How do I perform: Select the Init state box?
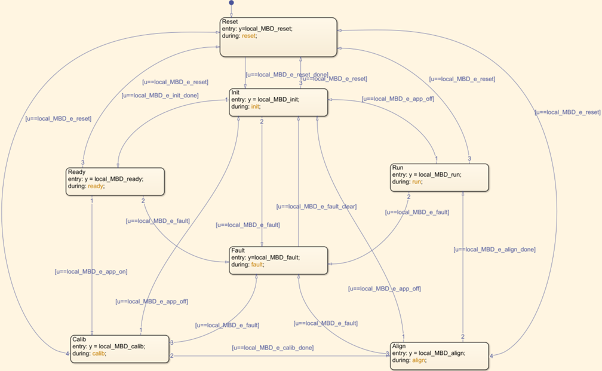[x=278, y=102]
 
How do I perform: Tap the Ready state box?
[x=115, y=181]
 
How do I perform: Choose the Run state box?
[x=440, y=177]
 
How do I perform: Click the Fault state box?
[x=278, y=260]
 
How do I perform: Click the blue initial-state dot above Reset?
[x=232, y=3]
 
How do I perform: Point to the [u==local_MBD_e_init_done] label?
[x=160, y=95]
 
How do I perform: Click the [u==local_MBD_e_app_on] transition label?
[x=91, y=271]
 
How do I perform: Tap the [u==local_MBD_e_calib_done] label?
[x=273, y=347]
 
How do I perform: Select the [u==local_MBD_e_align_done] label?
[x=494, y=249]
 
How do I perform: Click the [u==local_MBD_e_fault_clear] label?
[x=316, y=206]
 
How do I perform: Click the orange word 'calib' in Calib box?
[x=99, y=353]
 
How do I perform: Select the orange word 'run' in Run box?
[x=416, y=182]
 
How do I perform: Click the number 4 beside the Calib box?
[x=67, y=353]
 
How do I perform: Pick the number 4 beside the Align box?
[x=492, y=356]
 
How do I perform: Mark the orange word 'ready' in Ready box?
[x=96, y=186]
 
